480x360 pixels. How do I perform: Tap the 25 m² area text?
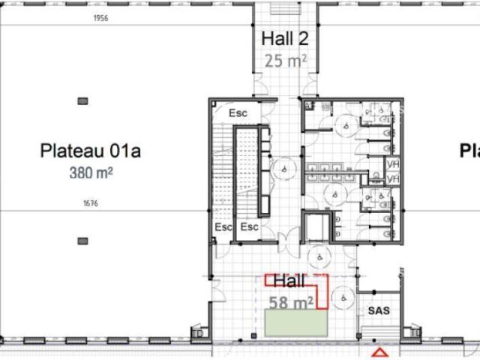click(x=284, y=60)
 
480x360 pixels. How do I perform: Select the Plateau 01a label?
click(x=90, y=151)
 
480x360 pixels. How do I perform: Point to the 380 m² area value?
click(x=91, y=172)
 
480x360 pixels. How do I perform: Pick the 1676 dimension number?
click(x=91, y=203)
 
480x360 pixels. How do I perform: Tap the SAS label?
click(x=378, y=310)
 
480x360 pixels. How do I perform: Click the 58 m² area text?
click(x=291, y=303)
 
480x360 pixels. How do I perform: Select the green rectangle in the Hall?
click(x=298, y=324)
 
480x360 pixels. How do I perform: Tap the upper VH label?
click(x=391, y=163)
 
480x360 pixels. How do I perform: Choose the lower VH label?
click(x=391, y=178)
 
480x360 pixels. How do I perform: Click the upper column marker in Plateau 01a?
click(x=82, y=100)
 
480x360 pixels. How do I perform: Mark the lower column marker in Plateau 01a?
click(x=82, y=241)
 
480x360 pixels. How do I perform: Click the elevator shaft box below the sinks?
click(x=317, y=226)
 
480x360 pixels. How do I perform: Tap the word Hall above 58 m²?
click(x=289, y=282)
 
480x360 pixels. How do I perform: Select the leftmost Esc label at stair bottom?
click(x=224, y=226)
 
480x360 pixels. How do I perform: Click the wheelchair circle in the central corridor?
click(x=286, y=169)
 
